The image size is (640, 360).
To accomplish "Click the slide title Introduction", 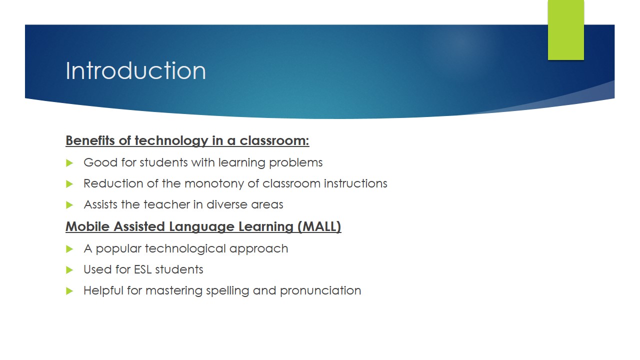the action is coord(135,70).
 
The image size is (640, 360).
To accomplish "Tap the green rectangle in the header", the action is coord(565,30).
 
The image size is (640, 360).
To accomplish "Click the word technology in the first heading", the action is coord(171,141).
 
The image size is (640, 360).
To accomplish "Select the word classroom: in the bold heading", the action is coord(274,140).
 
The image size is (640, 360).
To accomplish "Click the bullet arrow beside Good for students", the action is coord(69,163).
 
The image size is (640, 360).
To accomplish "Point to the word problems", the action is coord(295,163).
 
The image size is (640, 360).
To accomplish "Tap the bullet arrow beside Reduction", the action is coord(69,184).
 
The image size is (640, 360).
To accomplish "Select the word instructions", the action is coord(355,183).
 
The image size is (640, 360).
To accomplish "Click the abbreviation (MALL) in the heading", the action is coord(319,227).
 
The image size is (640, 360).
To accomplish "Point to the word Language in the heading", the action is coord(201,227).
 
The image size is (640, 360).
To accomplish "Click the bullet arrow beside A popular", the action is coord(69,249).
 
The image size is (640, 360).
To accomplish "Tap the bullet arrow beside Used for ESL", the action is coord(69,270).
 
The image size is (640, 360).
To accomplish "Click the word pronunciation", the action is coord(320,291).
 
